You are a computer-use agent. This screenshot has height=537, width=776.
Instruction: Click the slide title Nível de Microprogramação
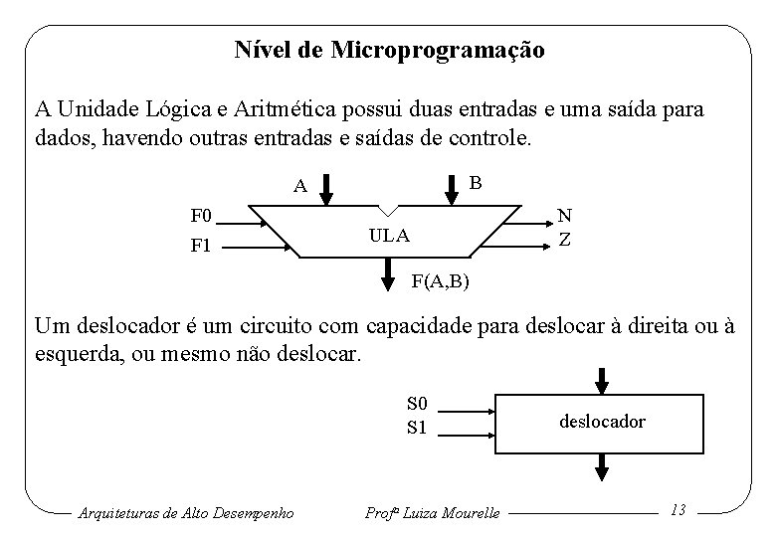coord(389,50)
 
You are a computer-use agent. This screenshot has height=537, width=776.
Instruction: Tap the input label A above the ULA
coord(298,186)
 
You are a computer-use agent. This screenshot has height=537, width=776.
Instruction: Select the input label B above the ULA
coord(475,182)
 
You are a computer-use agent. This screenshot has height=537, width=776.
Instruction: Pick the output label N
coord(564,215)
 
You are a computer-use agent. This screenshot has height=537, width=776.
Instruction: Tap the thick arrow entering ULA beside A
coord(333,188)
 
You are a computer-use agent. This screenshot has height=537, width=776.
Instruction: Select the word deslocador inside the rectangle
coord(602,422)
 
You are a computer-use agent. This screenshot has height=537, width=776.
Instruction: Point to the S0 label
coord(418,404)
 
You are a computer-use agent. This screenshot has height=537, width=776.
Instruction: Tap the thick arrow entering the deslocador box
coord(602,379)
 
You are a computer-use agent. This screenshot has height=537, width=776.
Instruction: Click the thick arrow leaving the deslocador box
coord(602,465)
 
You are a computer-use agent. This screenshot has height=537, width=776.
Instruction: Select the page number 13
coord(679,509)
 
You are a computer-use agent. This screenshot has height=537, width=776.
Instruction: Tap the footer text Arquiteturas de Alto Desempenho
coord(185,512)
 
